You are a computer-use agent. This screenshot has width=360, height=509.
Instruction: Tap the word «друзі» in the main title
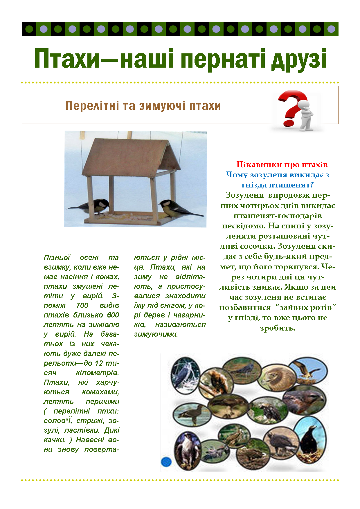[x=299, y=59]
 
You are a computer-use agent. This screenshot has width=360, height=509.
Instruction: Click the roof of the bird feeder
[x=128, y=157]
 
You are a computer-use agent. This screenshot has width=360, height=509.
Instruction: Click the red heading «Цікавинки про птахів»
[x=282, y=165]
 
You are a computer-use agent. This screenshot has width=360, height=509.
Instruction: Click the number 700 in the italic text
[x=82, y=305]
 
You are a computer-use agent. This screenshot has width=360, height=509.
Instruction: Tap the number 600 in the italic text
[x=113, y=315]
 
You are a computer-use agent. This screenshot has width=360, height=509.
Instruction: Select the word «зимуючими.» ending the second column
[x=156, y=334]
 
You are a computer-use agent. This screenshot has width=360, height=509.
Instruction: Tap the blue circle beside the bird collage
[x=166, y=462]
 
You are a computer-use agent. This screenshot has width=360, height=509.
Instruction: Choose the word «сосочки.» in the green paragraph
[x=257, y=246]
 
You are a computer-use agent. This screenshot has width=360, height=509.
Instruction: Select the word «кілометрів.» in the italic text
[x=97, y=373]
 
